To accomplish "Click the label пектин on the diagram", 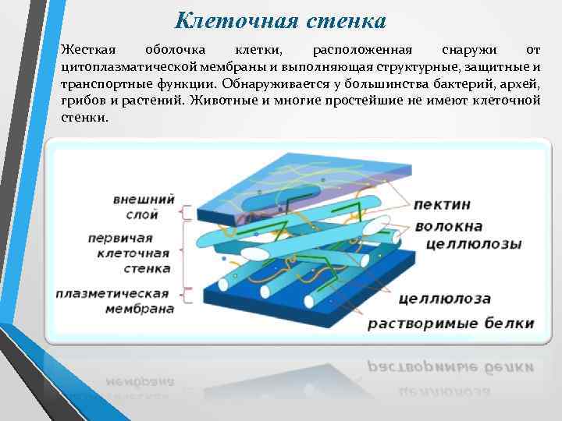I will click(442, 203).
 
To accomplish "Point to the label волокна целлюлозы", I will click(467, 235).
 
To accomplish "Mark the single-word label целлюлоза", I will click(443, 298).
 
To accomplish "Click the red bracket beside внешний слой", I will click(185, 211).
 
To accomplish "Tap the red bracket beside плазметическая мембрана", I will click(185, 294).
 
